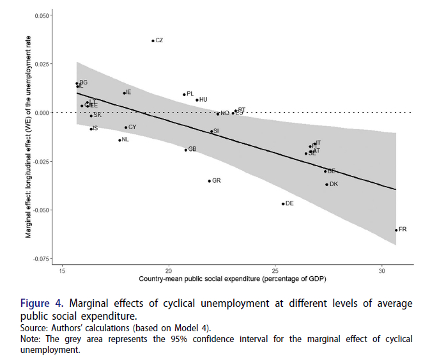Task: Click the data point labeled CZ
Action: [153, 41]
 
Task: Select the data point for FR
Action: [396, 230]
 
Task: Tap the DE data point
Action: [283, 204]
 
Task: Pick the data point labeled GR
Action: [209, 181]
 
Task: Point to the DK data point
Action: [327, 185]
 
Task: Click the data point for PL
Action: [184, 95]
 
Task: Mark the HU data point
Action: [197, 100]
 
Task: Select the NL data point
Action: [119, 140]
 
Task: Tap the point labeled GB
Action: [186, 150]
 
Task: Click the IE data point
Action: [125, 93]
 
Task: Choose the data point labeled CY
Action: [126, 128]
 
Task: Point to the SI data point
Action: [211, 132]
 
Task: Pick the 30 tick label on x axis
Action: [381, 270]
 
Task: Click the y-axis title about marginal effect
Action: [28, 137]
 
